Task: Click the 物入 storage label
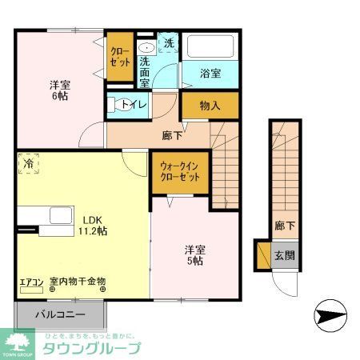[x=210, y=104]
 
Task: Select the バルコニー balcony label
[x=58, y=314]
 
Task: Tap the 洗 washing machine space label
[x=169, y=43]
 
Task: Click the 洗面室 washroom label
[x=146, y=71]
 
